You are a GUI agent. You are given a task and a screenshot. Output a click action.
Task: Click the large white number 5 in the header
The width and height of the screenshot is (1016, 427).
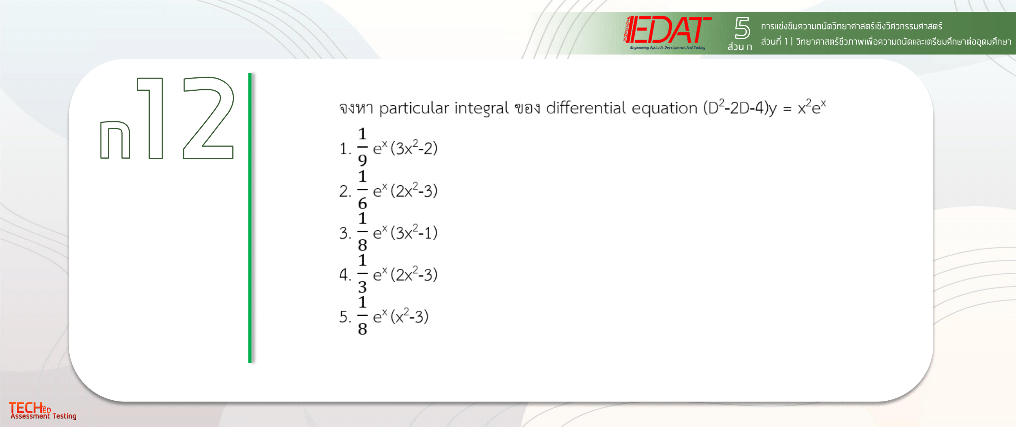[x=742, y=27]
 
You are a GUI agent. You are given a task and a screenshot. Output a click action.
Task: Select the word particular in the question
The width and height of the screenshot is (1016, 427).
[x=414, y=108]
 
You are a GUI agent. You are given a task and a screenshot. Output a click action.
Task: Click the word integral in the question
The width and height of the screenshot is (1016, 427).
[x=481, y=108]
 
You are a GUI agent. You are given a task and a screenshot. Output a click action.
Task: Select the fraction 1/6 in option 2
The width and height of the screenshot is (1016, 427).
[x=362, y=189]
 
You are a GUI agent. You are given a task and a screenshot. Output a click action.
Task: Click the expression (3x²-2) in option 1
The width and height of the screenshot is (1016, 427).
[x=414, y=148]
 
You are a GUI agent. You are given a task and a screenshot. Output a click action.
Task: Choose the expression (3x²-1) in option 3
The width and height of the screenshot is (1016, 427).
[x=414, y=233]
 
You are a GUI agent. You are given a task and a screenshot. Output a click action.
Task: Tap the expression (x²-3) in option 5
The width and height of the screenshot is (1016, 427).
[x=409, y=316]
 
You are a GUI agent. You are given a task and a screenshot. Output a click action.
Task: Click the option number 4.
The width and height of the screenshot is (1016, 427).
[x=344, y=274]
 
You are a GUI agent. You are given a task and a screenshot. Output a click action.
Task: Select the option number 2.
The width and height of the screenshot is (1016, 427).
[x=344, y=191]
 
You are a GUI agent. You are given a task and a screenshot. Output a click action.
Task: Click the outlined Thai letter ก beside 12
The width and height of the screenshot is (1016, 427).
[x=115, y=140]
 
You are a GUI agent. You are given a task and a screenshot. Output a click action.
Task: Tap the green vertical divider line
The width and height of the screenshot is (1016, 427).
[x=250, y=218]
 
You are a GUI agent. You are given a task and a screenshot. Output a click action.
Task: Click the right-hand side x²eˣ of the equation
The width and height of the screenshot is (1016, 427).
[x=811, y=106]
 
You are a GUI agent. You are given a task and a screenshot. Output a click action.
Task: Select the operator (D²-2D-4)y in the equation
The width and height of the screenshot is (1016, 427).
[x=740, y=108]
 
